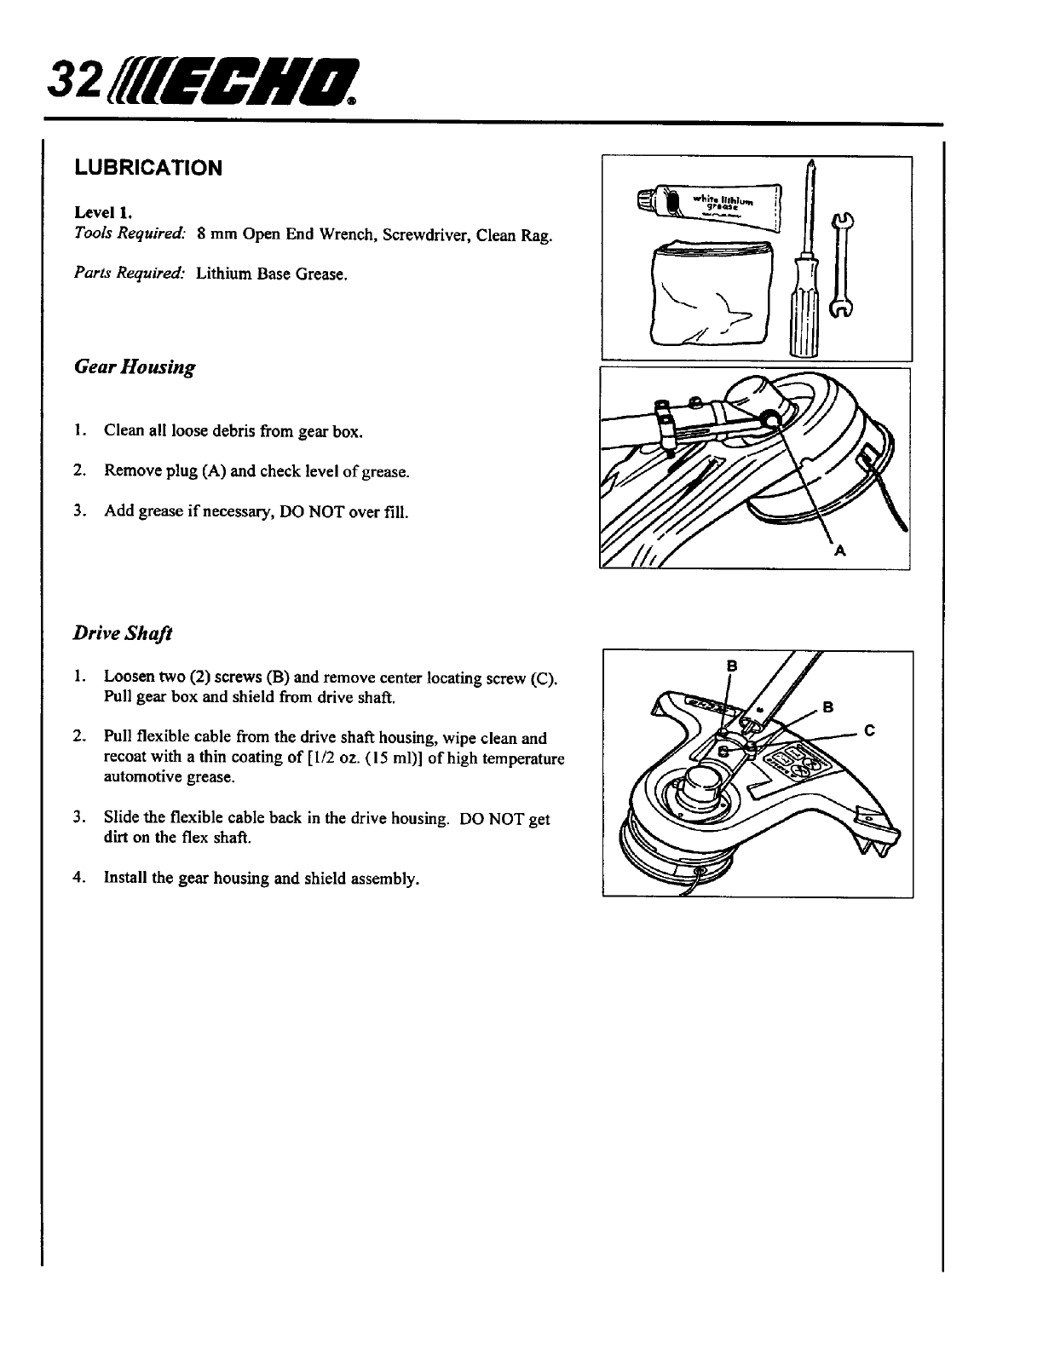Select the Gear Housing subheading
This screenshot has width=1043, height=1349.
(134, 367)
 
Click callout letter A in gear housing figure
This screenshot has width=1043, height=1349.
(839, 551)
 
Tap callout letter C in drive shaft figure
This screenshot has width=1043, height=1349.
(869, 730)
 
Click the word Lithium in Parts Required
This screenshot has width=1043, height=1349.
(220, 274)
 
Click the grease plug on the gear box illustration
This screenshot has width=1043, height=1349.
(769, 418)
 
